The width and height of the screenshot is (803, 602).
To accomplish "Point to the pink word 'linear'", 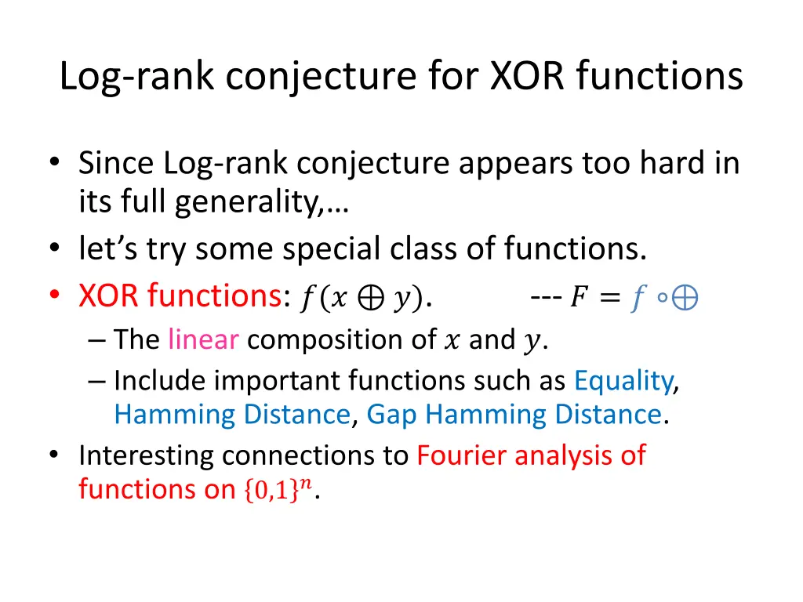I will click(x=204, y=339).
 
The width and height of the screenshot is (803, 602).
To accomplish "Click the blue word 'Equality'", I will click(x=623, y=380).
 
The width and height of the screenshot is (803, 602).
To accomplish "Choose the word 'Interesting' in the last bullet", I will click(x=146, y=455).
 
